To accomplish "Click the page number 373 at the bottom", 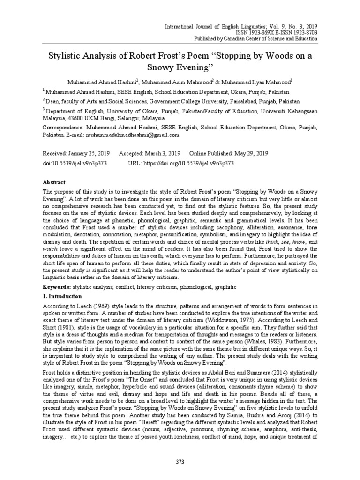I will [x=180, y=462].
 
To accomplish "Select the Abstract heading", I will [x=54, y=182].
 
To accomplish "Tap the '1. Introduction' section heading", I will [x=62, y=296].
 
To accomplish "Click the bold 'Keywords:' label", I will [x=57, y=286].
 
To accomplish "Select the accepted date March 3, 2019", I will [x=165, y=154].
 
